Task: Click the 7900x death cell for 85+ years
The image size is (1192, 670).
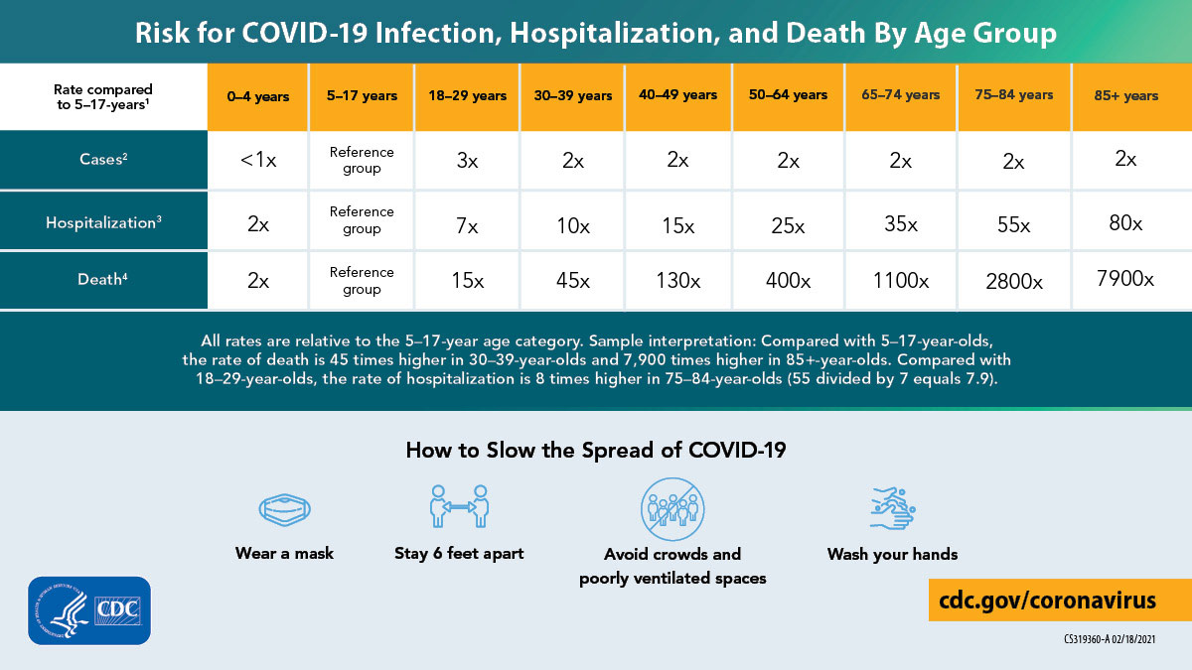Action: pyautogui.click(x=1125, y=279)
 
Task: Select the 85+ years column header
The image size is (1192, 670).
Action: pyautogui.click(x=1125, y=96)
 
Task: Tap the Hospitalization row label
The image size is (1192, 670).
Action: pyautogui.click(x=103, y=222)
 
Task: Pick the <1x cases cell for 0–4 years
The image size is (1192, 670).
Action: pyautogui.click(x=257, y=161)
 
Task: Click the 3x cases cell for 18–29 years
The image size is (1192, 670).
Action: pyautogui.click(x=466, y=161)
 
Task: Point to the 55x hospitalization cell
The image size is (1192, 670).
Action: pyautogui.click(x=1013, y=223)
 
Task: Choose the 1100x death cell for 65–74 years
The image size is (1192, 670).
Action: pyautogui.click(x=900, y=281)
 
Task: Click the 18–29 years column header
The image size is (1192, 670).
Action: pyautogui.click(x=466, y=96)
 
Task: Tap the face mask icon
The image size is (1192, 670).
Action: pyautogui.click(x=284, y=509)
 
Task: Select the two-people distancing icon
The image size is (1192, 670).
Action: pyautogui.click(x=459, y=506)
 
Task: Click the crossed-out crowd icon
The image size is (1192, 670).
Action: pyautogui.click(x=671, y=507)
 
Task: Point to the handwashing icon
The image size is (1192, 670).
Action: pyautogui.click(x=891, y=507)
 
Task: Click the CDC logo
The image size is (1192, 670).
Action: pyautogui.click(x=90, y=608)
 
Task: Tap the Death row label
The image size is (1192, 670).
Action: pyautogui.click(x=103, y=280)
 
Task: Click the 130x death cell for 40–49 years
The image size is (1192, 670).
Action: pyautogui.click(x=677, y=281)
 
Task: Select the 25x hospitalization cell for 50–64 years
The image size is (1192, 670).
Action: pyautogui.click(x=788, y=224)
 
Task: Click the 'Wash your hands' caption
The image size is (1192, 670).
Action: pyautogui.click(x=892, y=554)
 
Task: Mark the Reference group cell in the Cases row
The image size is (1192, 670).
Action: pyautogui.click(x=362, y=160)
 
